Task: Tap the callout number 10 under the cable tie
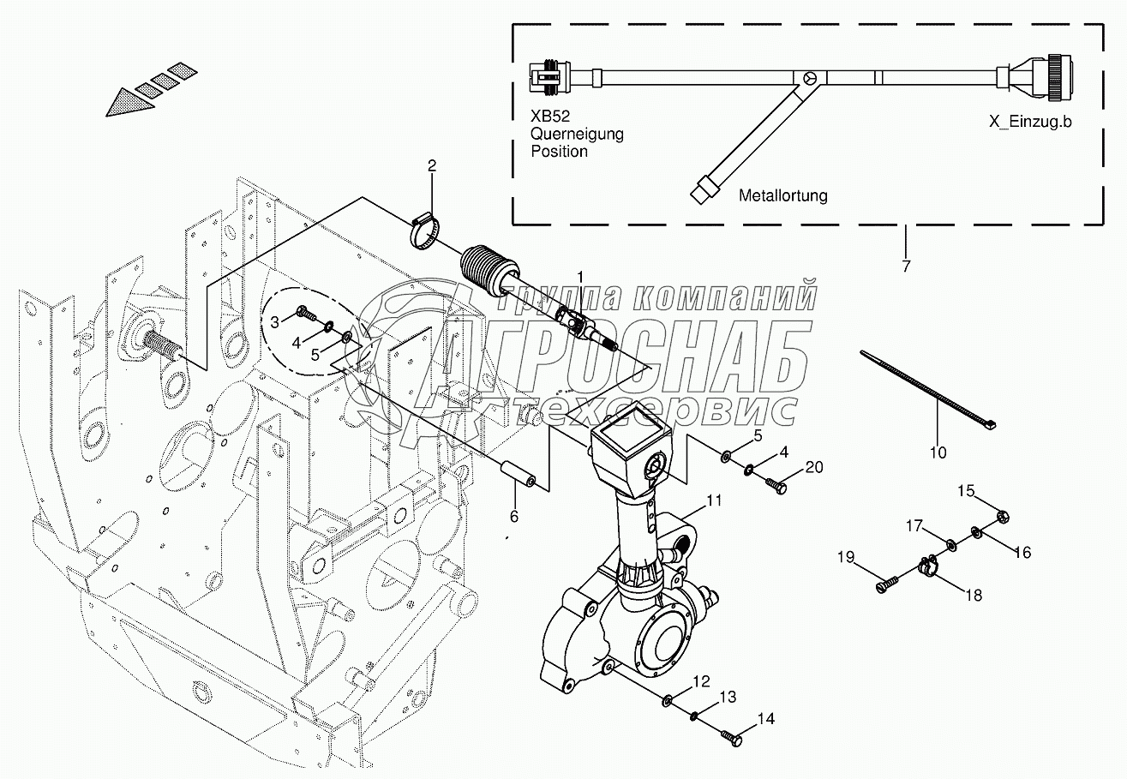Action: [x=938, y=451]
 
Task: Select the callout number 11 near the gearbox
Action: [x=714, y=500]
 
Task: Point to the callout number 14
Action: [x=765, y=719]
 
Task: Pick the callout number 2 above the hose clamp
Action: [x=432, y=165]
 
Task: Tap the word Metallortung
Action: [x=782, y=195]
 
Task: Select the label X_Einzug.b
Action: [x=1030, y=121]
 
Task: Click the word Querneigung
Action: [x=577, y=135]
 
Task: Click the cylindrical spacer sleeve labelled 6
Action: [x=519, y=476]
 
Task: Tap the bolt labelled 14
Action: [x=729, y=734]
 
